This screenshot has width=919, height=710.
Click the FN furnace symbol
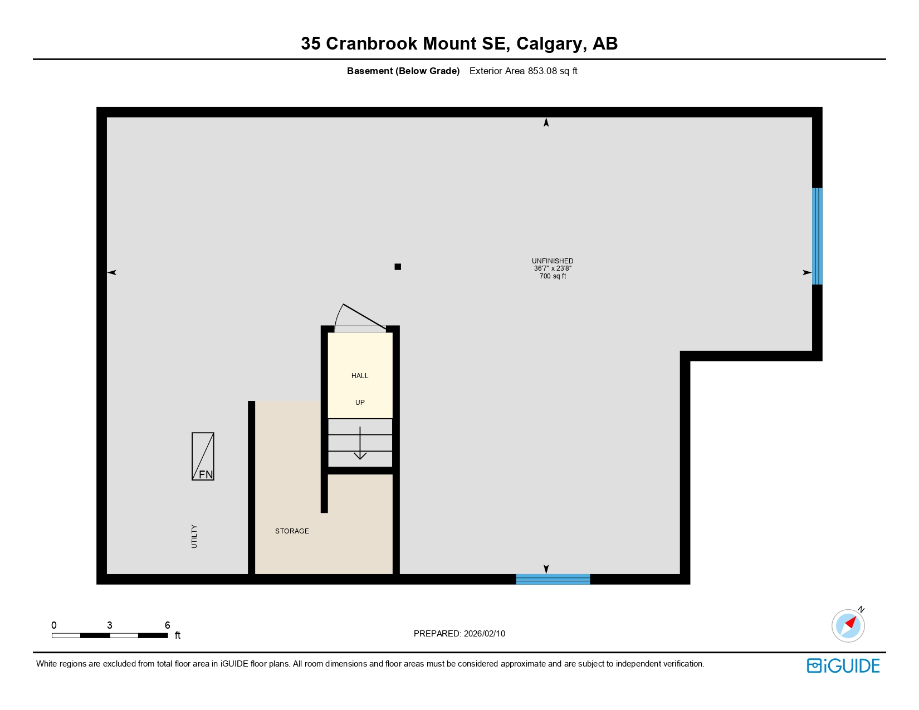(x=203, y=456)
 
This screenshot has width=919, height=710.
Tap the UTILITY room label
(x=194, y=536)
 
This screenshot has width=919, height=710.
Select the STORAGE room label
(x=292, y=531)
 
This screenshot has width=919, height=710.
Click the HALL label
(x=360, y=376)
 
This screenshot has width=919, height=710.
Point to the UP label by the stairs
(x=360, y=403)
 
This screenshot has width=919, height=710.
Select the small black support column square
(x=398, y=267)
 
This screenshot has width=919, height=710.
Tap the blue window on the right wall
(x=817, y=236)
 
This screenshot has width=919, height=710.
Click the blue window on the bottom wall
(x=553, y=579)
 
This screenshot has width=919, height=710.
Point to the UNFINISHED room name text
(x=553, y=261)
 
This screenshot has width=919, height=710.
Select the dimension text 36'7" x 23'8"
(x=553, y=268)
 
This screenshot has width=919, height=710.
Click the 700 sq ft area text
(x=553, y=276)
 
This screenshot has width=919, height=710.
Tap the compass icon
(x=848, y=625)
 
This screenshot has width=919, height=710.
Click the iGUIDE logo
(x=843, y=666)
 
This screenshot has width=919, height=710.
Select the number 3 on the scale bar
(x=110, y=625)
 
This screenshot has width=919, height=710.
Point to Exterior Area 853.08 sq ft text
(x=523, y=71)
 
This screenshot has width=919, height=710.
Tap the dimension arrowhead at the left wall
(x=112, y=272)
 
